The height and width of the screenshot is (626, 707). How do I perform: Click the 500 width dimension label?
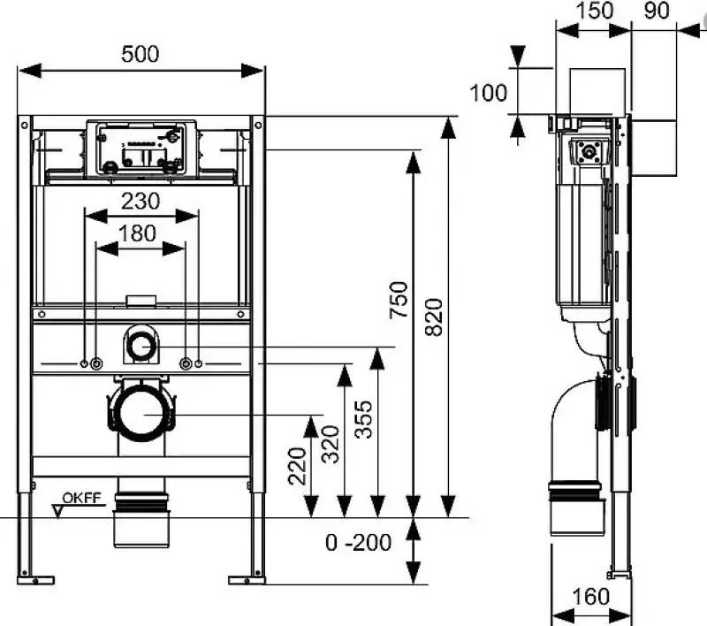[141, 54]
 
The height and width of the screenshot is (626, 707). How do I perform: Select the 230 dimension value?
[141, 201]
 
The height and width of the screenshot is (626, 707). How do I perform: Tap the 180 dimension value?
[139, 233]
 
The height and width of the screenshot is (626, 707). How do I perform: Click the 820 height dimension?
[435, 316]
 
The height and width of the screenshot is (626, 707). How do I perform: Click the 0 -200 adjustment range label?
[357, 543]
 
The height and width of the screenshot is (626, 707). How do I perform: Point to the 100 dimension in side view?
[489, 92]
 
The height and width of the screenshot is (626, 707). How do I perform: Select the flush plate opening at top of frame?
[141, 148]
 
